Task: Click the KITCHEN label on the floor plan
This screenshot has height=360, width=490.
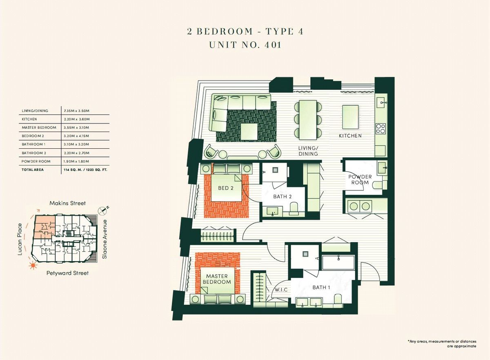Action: (350, 136)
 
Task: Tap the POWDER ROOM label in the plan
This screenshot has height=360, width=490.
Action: (360, 180)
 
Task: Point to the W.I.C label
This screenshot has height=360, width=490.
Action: (281, 290)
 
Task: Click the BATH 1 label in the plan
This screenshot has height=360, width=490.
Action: (321, 288)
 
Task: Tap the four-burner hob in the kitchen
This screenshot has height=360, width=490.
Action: (380, 129)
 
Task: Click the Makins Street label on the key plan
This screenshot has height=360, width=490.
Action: (67, 203)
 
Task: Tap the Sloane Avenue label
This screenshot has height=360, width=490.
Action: (105, 239)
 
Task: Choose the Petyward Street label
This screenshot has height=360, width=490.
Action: (68, 273)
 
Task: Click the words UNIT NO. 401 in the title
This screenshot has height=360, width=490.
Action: (245, 45)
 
